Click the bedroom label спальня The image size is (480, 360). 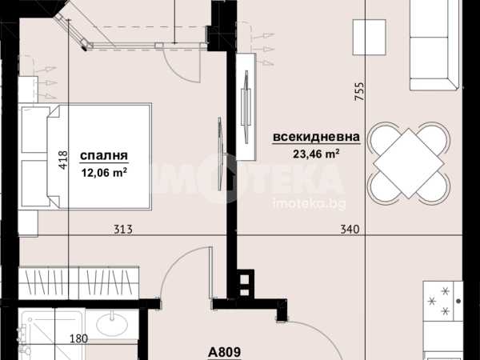click(104, 155)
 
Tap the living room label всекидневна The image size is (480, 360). click(316, 137)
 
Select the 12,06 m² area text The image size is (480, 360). click(104, 174)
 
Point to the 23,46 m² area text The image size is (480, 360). click(316, 154)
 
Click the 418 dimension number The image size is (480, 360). click(62, 160)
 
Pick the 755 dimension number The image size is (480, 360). click(359, 91)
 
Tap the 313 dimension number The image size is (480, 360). click(123, 229)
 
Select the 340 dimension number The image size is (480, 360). click(350, 229)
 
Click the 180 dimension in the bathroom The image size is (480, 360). click(78, 339)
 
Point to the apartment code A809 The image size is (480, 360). click(224, 352)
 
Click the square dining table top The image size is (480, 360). click(409, 163)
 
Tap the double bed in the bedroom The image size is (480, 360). click(85, 157)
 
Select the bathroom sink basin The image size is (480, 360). click(112, 324)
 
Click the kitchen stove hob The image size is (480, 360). click(443, 301)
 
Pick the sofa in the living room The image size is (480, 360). click(435, 45)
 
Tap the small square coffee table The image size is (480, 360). click(369, 37)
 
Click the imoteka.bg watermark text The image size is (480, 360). click(309, 204)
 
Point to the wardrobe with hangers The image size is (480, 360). click(78, 283)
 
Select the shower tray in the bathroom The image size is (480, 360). click(51, 334)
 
